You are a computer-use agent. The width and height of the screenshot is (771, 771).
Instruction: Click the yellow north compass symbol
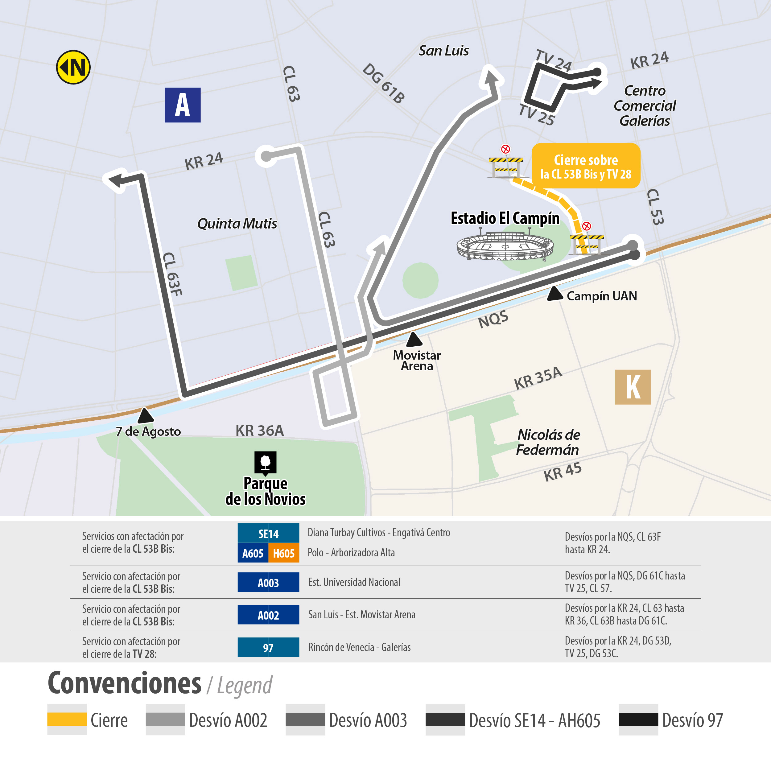tap(73, 67)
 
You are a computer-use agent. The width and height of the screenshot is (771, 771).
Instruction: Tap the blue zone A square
tap(182, 105)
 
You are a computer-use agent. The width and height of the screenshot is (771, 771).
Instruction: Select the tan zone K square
tap(633, 387)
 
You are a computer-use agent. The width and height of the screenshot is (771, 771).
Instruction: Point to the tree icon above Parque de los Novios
tap(266, 463)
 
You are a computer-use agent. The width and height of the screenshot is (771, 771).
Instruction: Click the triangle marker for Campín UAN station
tap(555, 294)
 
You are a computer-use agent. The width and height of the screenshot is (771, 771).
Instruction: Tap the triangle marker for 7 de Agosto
tap(145, 416)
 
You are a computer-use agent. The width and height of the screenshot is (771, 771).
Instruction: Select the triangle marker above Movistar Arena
tap(414, 340)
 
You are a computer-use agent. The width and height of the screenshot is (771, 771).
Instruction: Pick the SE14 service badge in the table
tap(268, 534)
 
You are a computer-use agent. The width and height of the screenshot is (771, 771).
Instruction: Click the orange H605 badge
tap(284, 553)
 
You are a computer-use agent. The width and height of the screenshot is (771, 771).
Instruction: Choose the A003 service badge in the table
tap(268, 582)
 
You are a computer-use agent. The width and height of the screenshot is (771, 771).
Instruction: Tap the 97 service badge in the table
tap(268, 647)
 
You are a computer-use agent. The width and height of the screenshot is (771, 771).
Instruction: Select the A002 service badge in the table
tap(268, 615)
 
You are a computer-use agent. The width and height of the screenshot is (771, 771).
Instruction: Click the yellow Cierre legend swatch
tap(67, 719)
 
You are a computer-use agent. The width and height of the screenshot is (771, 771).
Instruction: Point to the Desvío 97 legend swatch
tap(638, 719)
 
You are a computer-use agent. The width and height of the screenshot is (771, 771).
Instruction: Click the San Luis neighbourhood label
tap(443, 51)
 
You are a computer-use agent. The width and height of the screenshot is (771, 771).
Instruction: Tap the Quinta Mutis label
tap(237, 224)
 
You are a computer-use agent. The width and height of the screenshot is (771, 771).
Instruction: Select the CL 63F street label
tap(172, 274)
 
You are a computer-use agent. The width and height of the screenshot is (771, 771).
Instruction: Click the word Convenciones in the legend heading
tap(125, 684)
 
